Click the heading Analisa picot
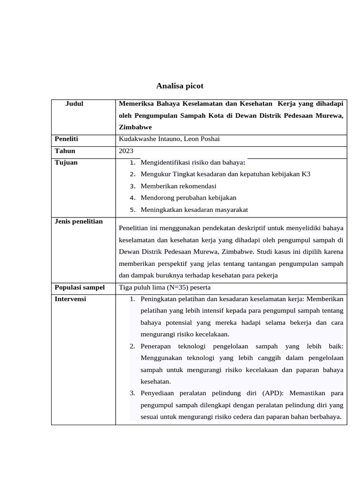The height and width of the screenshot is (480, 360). [x=180, y=86]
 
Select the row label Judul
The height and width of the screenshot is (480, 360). [x=74, y=104]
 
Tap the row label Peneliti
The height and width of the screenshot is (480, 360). [x=66, y=139]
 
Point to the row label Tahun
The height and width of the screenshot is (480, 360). [x=65, y=151]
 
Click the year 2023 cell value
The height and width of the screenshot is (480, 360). [x=126, y=151]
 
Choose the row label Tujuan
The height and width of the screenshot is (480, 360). [x=66, y=163]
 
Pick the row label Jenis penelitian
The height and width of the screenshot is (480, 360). [x=78, y=221]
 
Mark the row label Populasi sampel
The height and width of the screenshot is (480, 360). [x=79, y=287]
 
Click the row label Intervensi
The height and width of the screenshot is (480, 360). [x=70, y=299]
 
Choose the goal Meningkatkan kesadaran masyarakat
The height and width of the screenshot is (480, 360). [x=194, y=210]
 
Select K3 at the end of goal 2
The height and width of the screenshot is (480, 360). [x=306, y=174]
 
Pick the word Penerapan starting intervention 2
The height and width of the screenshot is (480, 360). [x=157, y=346]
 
